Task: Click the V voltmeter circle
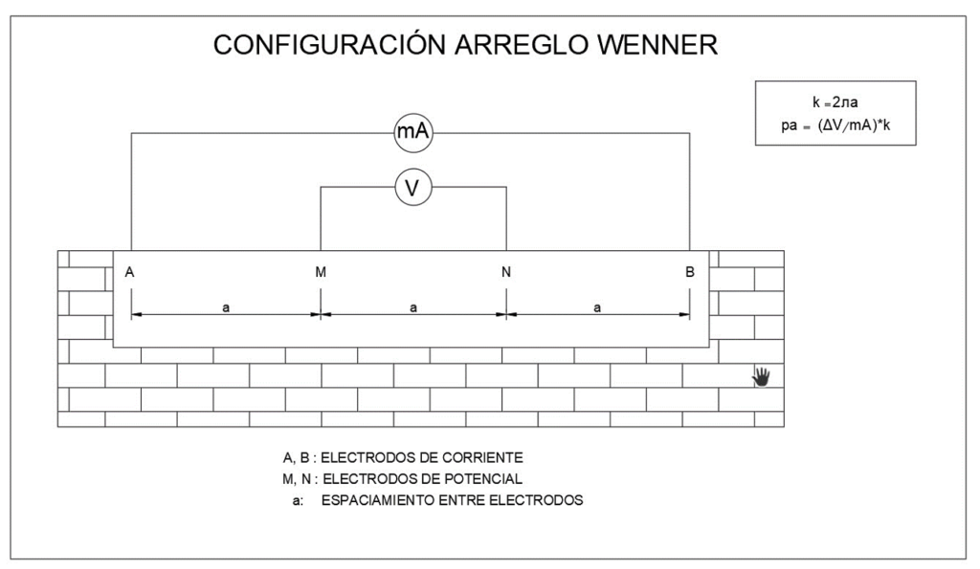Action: pos(413,188)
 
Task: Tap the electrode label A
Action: pos(129,272)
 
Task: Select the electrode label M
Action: pos(321,272)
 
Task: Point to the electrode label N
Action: pos(505,272)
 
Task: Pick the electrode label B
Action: pos(690,272)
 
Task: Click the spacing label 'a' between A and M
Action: pos(225,307)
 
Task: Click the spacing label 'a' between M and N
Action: pos(412,307)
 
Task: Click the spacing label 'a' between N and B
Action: pos(597,307)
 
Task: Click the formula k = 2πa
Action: pos(836,101)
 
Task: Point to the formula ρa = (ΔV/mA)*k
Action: pos(835,124)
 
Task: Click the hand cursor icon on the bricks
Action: pos(762,376)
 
